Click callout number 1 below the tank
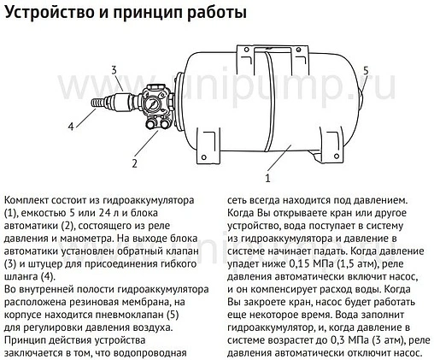(x=267, y=179)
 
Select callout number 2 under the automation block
(x=133, y=162)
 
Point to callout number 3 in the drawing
(x=112, y=68)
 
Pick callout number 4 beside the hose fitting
(x=71, y=126)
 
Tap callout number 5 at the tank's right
(x=365, y=70)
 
